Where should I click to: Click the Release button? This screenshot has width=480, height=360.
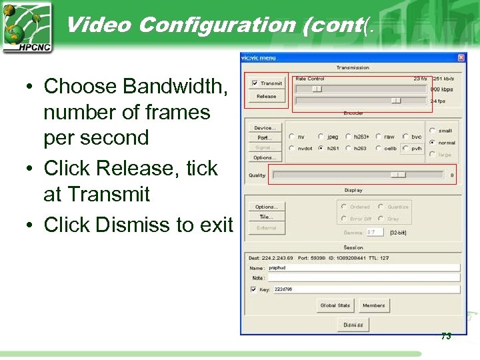click(x=266, y=97)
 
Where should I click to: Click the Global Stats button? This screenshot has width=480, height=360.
click(x=335, y=305)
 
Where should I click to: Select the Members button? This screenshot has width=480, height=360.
click(x=373, y=305)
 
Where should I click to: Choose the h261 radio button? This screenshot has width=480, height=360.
click(x=321, y=149)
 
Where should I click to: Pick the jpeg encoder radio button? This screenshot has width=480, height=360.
click(x=321, y=137)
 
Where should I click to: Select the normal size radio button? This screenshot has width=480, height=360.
click(x=433, y=143)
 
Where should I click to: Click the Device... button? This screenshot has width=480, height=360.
click(x=264, y=127)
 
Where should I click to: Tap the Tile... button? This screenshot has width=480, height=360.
click(x=266, y=217)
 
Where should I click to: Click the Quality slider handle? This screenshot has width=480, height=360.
click(x=398, y=175)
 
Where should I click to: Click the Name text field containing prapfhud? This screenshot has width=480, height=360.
click(x=363, y=267)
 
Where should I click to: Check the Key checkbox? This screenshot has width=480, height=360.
click(x=253, y=290)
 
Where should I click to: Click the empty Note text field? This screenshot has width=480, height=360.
click(x=363, y=278)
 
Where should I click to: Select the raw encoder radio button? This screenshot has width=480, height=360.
click(x=378, y=137)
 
